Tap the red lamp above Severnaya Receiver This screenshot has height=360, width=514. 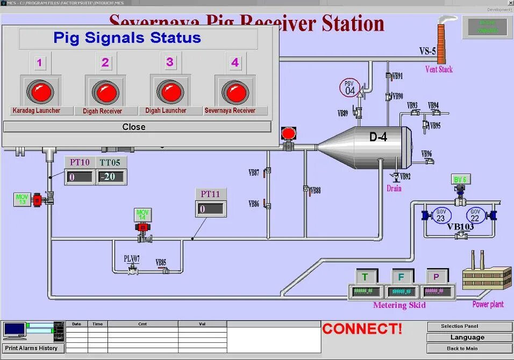coord(235,92)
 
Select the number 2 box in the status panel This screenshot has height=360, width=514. coord(105,63)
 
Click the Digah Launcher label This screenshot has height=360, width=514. coord(166,111)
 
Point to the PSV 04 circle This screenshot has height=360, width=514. coord(349,88)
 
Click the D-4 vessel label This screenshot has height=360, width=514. coord(378,137)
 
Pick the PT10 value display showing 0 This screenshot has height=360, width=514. coord(80,176)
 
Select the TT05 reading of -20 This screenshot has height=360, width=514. coord(111,176)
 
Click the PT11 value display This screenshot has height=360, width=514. coord(210,209)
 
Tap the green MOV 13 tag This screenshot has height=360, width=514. coord(22,199)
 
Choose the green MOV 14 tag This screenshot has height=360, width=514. coord(142,215)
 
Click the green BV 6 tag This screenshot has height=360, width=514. coord(460,179)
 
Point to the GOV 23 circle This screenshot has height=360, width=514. coord(441,215)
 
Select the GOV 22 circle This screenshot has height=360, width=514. coord(475,215)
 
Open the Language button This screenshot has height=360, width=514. coord(467,337)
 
